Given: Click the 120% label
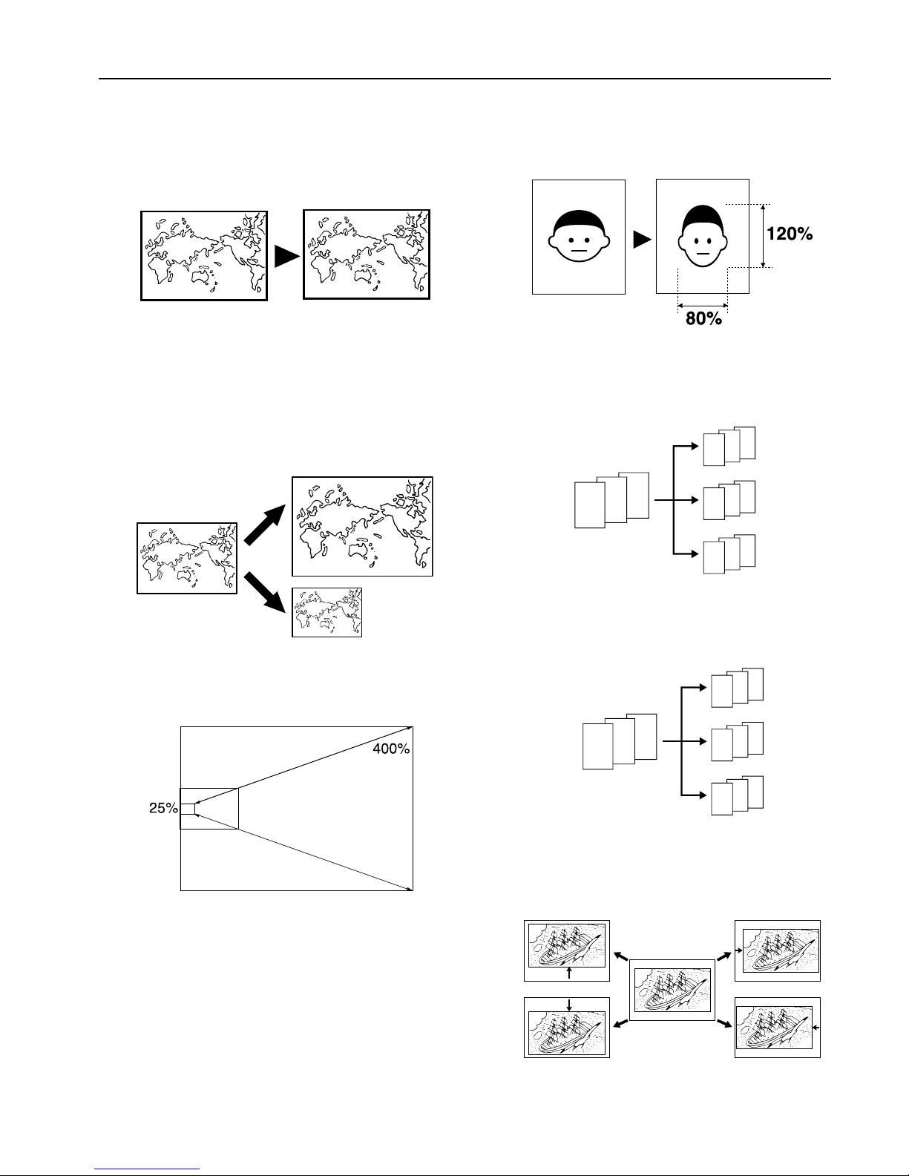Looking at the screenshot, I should pos(790,234).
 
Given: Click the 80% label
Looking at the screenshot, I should pos(702,321).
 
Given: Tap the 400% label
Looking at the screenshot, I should pos(390,749).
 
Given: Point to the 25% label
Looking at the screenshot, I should pos(163,809).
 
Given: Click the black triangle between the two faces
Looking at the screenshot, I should pos(641,239).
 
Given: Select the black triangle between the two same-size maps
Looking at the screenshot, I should pos(286,256).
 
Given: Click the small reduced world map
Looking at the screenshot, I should pos(327,613).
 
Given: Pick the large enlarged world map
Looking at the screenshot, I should pos(362,527).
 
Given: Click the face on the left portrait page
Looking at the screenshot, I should pos(579,234).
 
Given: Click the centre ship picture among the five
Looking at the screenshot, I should pos(672,989).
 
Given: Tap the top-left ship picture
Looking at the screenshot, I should pos(566,950).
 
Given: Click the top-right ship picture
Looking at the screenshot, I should pos(777,950).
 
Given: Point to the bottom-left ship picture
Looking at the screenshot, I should pos(566,1028).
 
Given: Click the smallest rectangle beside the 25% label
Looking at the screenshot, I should pos(187,809).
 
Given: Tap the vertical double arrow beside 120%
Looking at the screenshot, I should pos(764,235).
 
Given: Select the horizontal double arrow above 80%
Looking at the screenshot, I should pos(702,304).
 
